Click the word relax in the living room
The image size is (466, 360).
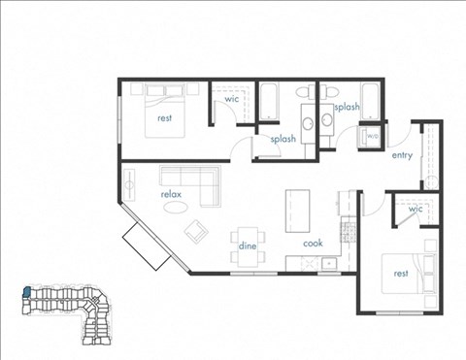[x=172, y=195]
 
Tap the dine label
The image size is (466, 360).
[x=248, y=246]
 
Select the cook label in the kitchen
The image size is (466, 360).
[x=313, y=244]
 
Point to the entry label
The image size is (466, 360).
[x=402, y=155]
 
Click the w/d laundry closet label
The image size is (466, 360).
[x=372, y=136]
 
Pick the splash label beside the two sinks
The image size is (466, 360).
[x=347, y=108]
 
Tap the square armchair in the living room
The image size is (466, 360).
[x=198, y=231]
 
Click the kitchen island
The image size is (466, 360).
[x=295, y=211]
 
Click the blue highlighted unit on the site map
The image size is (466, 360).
[x=28, y=291]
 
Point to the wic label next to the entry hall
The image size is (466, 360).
[x=416, y=209]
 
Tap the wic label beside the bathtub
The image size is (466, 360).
[x=232, y=100]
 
